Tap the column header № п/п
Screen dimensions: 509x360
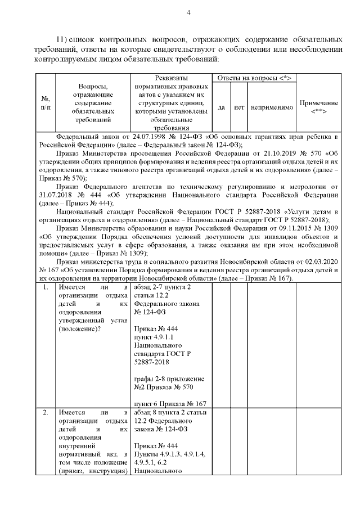45,103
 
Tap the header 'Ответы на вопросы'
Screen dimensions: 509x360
254,78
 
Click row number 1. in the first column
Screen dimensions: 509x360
45,288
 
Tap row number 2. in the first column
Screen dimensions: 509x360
45,414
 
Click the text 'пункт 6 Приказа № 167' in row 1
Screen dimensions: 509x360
170,403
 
